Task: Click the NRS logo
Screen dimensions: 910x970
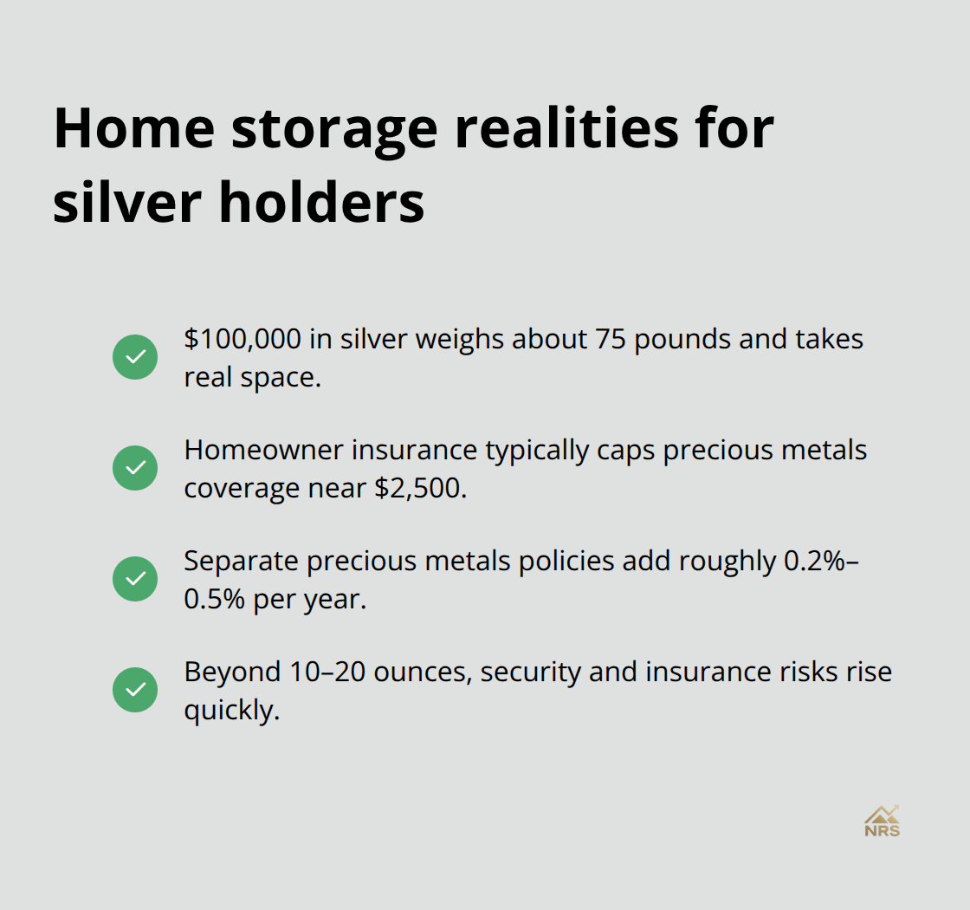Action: coord(882,820)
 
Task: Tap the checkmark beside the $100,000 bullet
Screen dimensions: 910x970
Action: coord(135,357)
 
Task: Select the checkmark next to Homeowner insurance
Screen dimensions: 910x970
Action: coord(135,468)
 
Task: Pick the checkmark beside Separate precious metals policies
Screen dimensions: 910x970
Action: coord(135,579)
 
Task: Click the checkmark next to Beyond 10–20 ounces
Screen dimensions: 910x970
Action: coord(135,690)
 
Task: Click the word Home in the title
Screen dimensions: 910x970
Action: coord(134,128)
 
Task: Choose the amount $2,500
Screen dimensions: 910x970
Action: coord(420,488)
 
